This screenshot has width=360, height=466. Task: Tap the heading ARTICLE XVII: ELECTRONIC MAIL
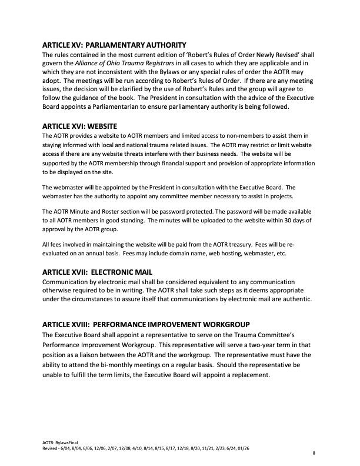(x=98, y=272)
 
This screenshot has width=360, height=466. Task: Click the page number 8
(x=314, y=454)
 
